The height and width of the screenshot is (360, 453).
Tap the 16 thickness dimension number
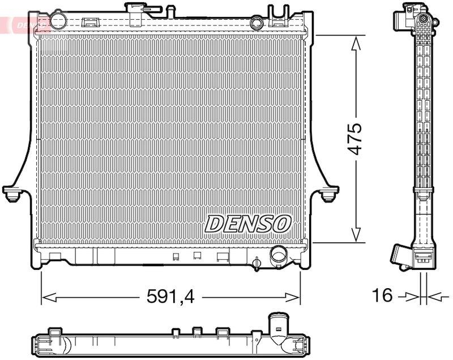point(383,295)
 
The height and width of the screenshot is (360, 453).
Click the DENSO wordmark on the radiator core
point(247,223)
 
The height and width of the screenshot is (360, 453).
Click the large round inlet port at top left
point(58,21)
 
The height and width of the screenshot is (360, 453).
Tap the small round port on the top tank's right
point(257,23)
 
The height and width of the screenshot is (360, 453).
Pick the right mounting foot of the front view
point(328,193)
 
